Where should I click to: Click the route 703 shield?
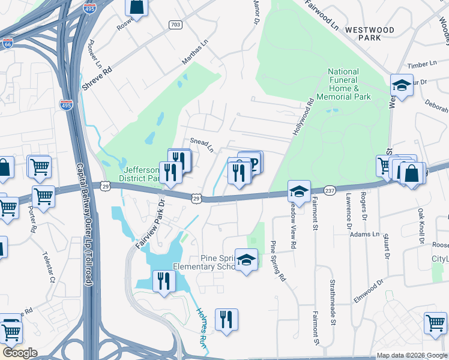tap(175, 25)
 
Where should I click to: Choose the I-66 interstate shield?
tap(7, 43)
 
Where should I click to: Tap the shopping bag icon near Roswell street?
tap(137, 7)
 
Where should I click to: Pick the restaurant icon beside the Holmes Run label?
tap(226, 319)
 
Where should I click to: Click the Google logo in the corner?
tap(20, 353)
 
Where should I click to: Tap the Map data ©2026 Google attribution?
tap(411, 355)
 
